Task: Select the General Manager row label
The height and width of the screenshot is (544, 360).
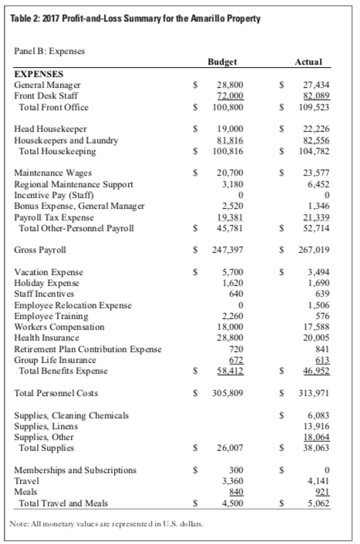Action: coord(47,83)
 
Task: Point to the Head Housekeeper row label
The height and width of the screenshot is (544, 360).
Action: coord(51,128)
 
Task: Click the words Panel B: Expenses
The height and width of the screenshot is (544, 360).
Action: coord(50,51)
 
